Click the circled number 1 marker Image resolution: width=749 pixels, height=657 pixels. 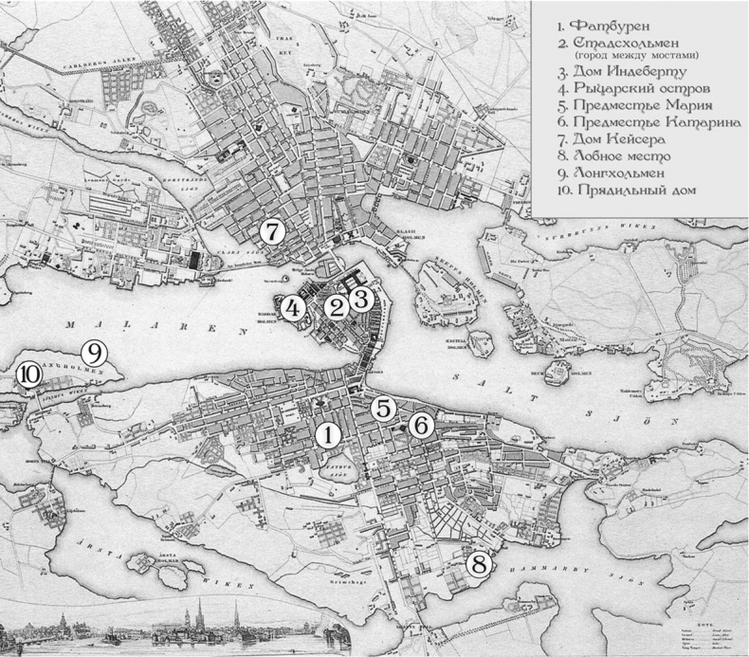(328, 434)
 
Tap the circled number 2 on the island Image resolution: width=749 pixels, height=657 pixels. (336, 307)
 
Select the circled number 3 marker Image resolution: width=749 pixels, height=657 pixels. (361, 298)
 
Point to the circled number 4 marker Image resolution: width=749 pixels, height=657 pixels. (293, 307)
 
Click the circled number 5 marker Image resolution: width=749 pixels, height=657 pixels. (383, 409)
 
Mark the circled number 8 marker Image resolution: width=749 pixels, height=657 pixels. (481, 563)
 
